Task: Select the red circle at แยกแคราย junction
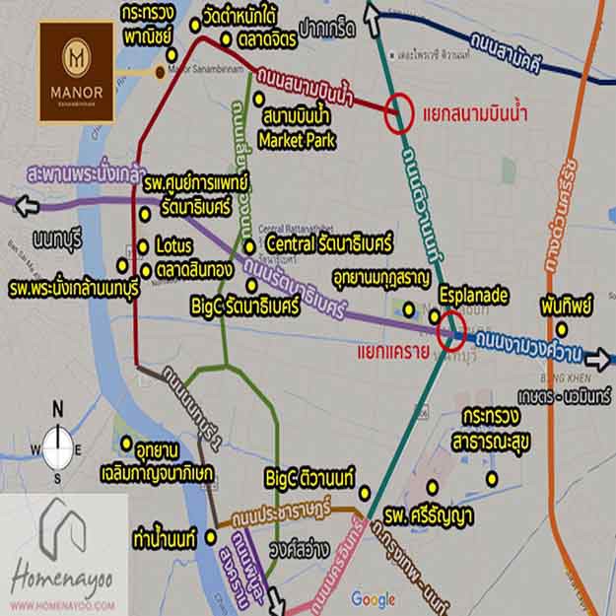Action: click(x=452, y=328)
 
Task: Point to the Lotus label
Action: click(x=173, y=246)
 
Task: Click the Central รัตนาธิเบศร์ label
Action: click(x=329, y=242)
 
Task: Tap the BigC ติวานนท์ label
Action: click(x=310, y=478)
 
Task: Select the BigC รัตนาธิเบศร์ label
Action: click(x=244, y=308)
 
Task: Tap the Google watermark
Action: click(x=373, y=599)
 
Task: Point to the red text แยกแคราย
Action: click(x=384, y=352)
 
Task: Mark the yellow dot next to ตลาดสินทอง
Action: click(x=146, y=267)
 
